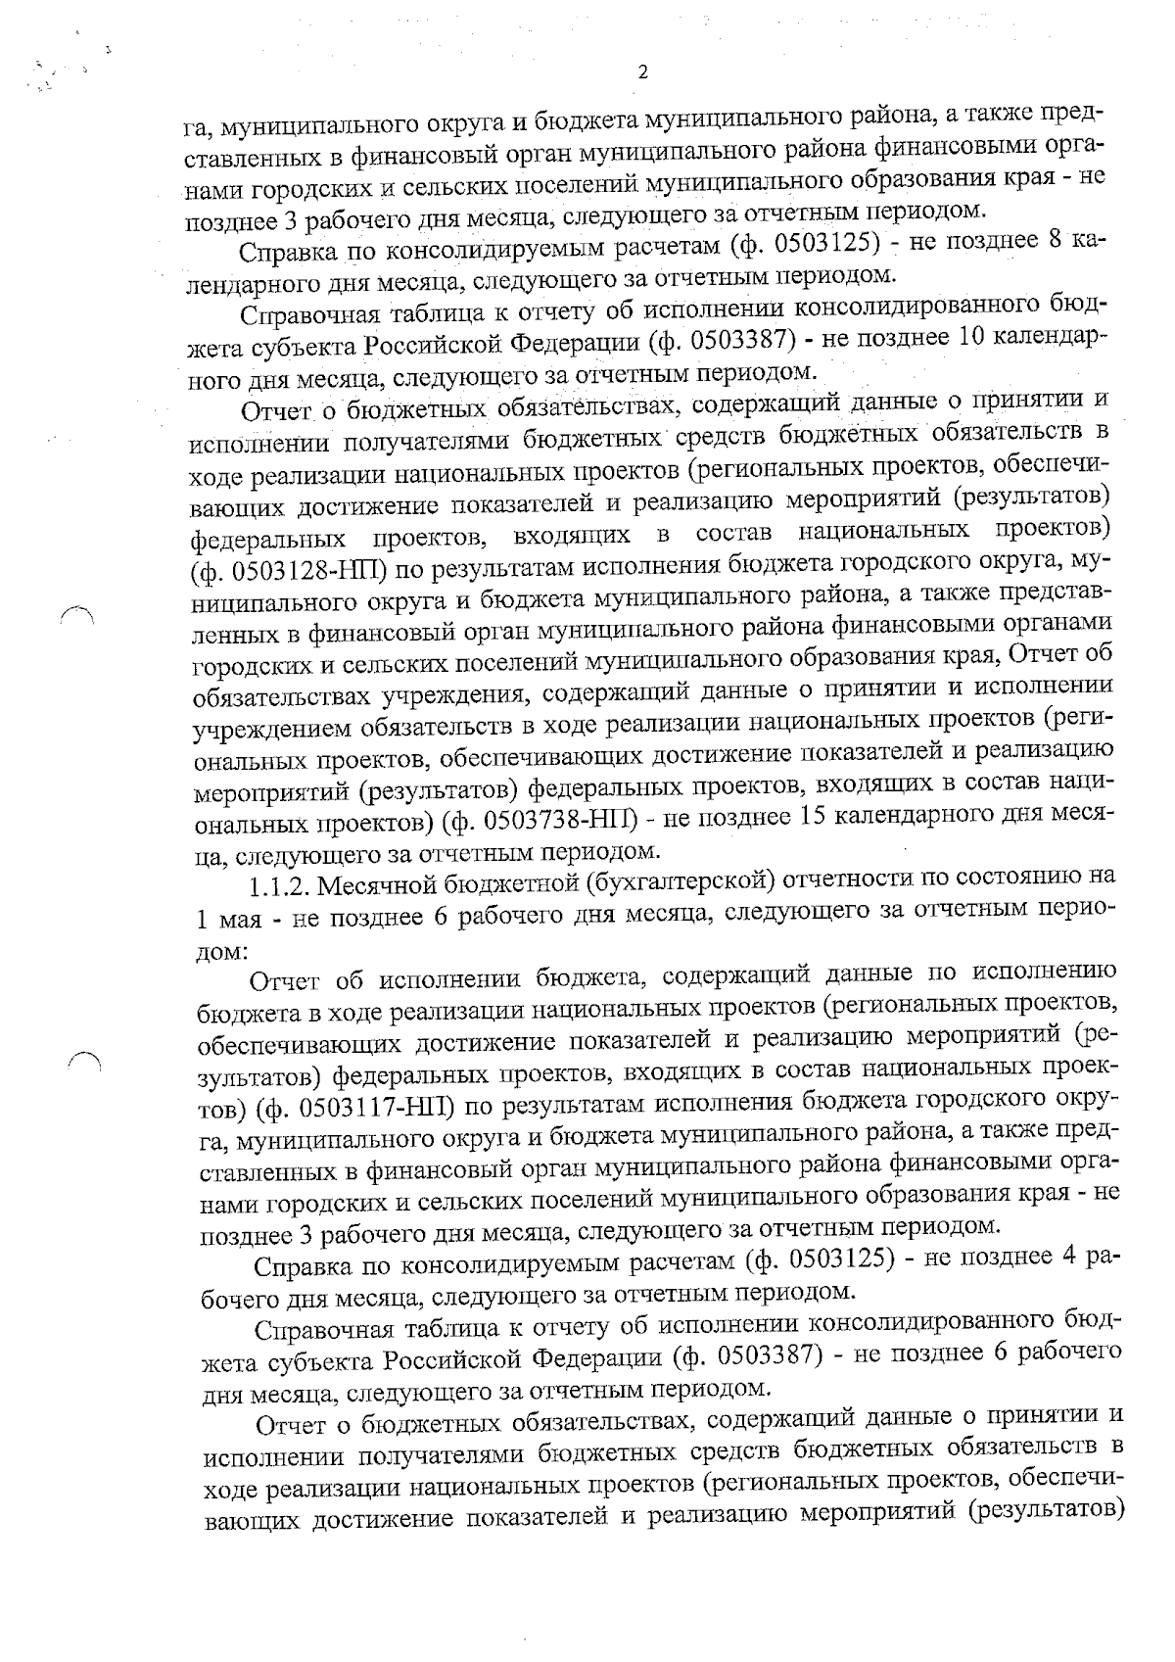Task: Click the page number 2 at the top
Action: click(x=642, y=71)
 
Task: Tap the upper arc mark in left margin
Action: click(x=74, y=612)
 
